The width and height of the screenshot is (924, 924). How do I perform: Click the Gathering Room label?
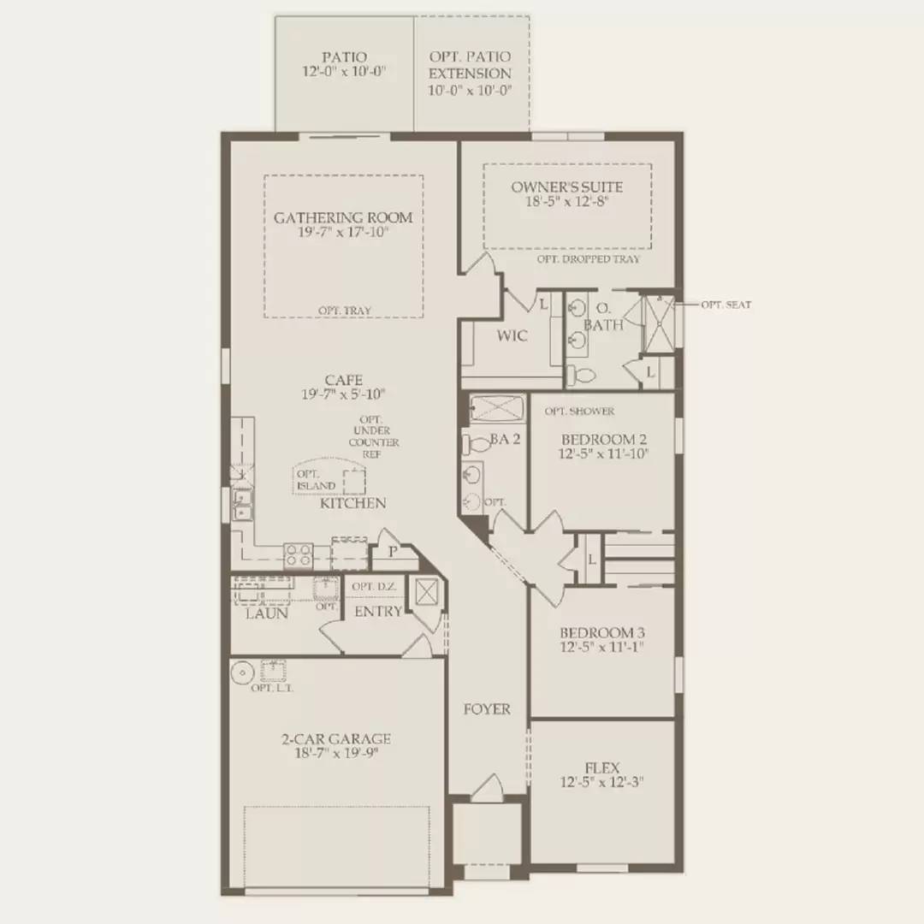342,217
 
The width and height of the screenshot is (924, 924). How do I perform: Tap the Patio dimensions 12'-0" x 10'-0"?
344,72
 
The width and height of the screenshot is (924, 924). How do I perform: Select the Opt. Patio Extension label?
470,65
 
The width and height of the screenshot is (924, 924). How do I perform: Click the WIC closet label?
512,336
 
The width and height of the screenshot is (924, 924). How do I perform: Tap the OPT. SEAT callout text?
726,305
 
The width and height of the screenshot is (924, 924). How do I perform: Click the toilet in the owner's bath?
581,374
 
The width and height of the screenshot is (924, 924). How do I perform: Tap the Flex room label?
602,768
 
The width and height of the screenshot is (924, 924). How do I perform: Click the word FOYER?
487,708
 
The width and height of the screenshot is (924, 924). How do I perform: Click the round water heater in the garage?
242,671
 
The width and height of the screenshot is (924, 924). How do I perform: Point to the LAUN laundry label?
266,613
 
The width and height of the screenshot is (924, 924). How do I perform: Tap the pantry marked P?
393,552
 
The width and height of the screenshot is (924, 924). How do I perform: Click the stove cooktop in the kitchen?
298,554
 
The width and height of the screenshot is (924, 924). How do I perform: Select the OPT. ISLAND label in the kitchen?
316,480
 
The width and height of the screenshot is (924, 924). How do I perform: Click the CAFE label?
343,380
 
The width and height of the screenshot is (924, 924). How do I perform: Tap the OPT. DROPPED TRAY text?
588,258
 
